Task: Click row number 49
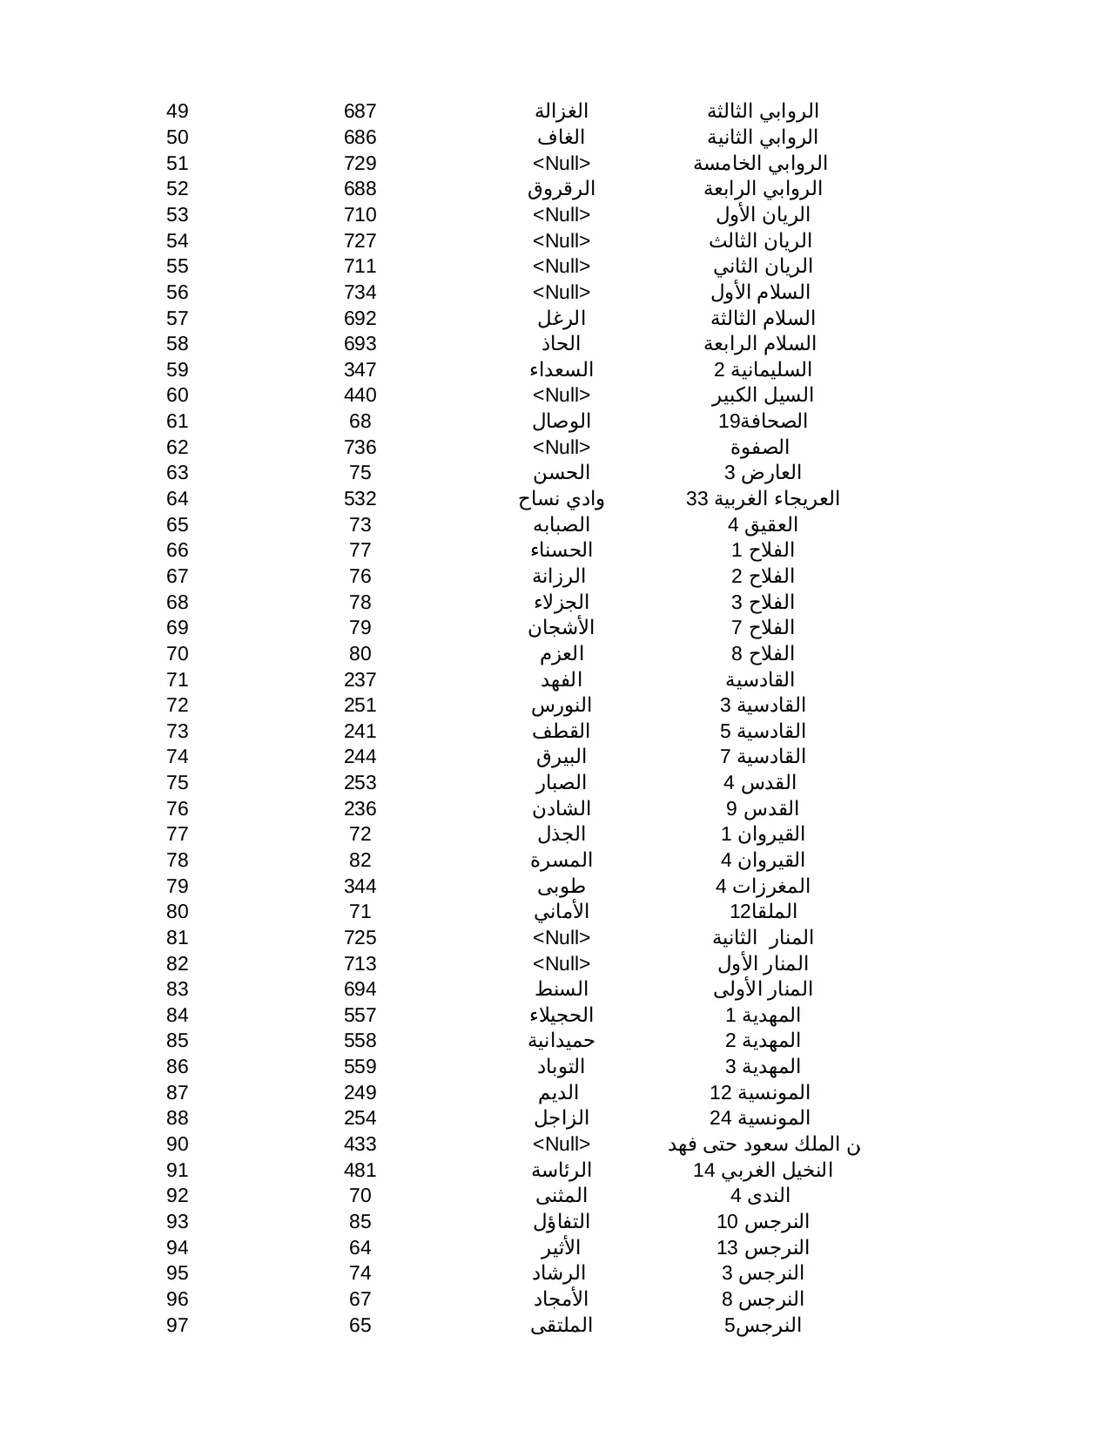click(x=178, y=111)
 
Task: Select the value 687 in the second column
click(x=360, y=111)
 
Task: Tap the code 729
click(x=360, y=164)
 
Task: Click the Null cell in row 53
click(x=562, y=215)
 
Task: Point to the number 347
click(x=360, y=370)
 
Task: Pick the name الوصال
click(x=562, y=422)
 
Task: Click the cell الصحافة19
click(x=763, y=422)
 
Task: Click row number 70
click(x=178, y=654)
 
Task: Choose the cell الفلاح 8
click(x=763, y=654)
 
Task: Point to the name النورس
click(x=562, y=705)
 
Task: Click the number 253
click(x=360, y=783)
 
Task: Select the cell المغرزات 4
click(x=763, y=887)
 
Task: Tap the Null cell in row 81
click(x=562, y=938)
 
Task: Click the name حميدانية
click(x=562, y=1041)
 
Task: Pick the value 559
click(x=360, y=1067)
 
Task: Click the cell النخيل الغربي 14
click(x=763, y=1171)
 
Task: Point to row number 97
click(x=178, y=1326)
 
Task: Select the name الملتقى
click(x=562, y=1326)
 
